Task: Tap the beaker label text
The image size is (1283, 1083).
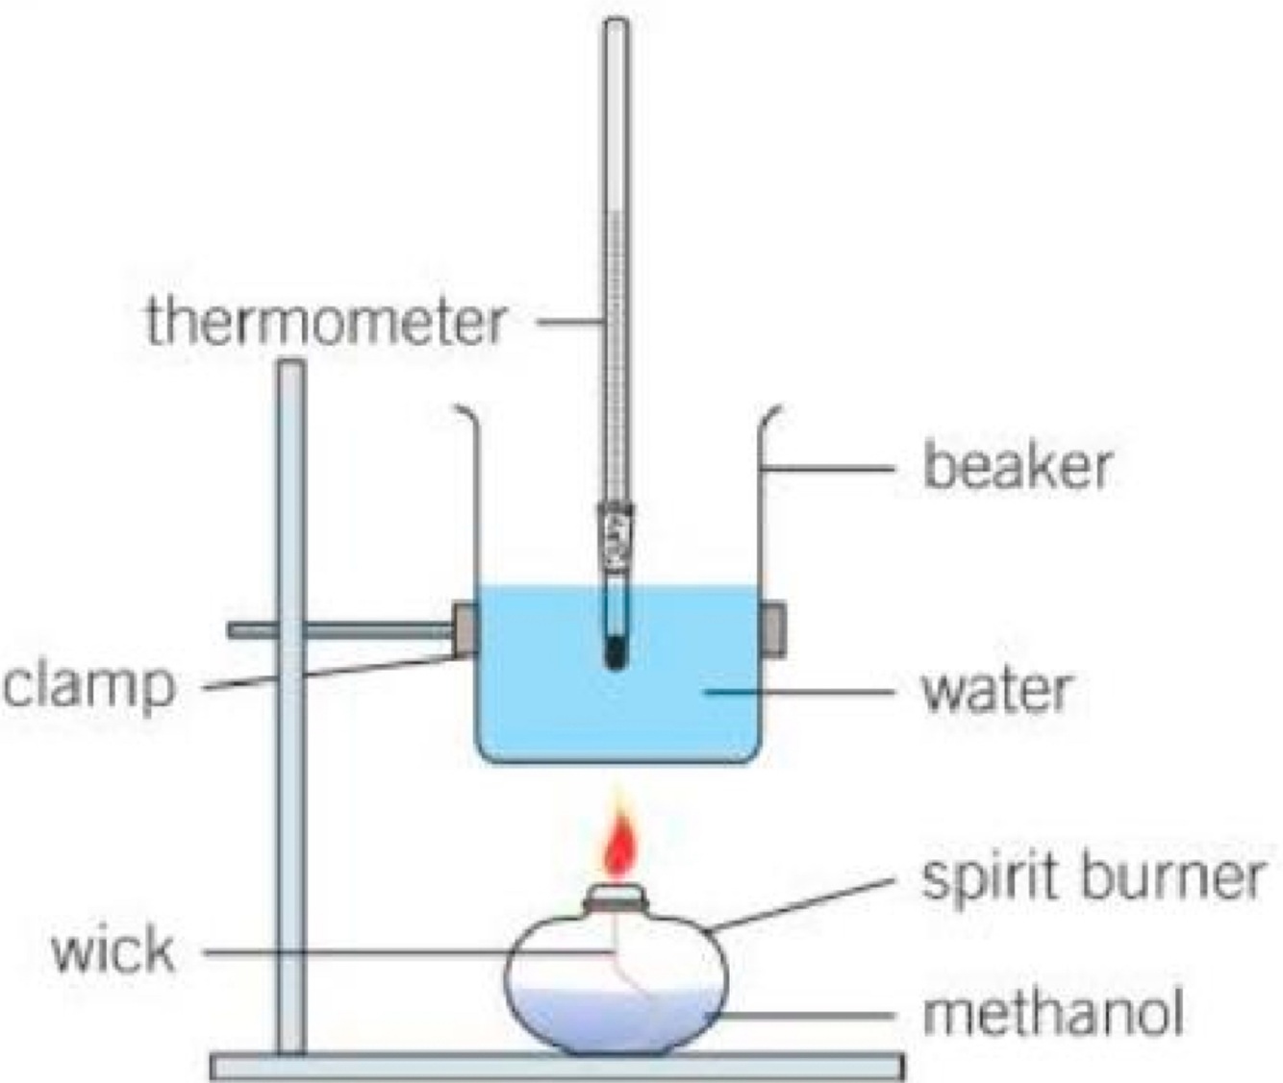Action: [x=1017, y=466]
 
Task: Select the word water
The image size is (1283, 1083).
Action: [x=995, y=689]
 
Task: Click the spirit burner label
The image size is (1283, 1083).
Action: [x=1092, y=876]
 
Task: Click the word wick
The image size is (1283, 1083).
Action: [x=113, y=951]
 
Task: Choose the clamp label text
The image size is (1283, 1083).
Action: [x=89, y=685]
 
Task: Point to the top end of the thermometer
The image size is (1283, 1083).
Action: [x=615, y=29]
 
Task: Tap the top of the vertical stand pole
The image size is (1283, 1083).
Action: [x=289, y=368]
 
